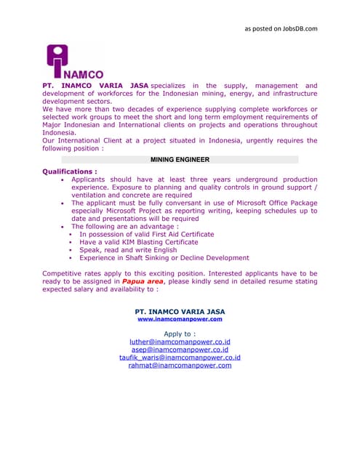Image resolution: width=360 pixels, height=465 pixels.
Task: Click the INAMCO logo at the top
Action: click(74, 62)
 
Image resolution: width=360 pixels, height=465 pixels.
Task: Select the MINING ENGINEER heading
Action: click(180, 159)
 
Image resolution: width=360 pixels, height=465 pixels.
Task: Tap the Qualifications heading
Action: click(70, 172)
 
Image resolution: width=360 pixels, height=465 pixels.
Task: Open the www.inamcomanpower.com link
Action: click(180, 319)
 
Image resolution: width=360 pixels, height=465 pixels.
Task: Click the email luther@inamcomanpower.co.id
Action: click(180, 341)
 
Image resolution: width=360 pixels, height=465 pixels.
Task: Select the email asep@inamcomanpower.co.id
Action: click(180, 349)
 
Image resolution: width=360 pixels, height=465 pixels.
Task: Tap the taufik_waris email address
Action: click(180, 357)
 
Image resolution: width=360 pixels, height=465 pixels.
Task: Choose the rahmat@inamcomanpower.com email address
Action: click(180, 365)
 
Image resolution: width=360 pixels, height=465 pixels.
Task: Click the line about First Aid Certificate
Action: click(146, 235)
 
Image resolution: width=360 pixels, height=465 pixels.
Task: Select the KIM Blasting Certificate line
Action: click(140, 243)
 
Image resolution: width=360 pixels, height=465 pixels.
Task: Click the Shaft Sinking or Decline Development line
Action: click(164, 258)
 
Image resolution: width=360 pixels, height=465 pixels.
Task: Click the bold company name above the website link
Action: click(180, 312)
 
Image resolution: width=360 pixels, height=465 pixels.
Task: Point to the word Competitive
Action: click(60, 273)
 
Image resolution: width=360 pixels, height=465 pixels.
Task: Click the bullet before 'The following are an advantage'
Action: click(65, 227)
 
